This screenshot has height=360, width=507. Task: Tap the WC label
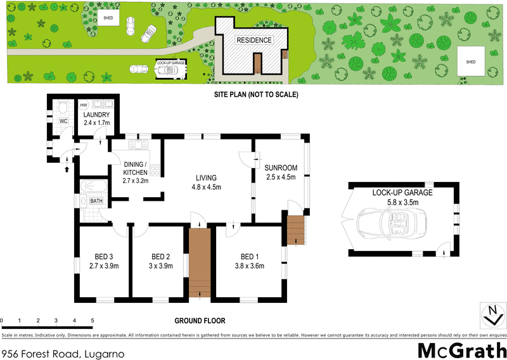[63, 120]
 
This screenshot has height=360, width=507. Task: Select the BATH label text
[96, 201]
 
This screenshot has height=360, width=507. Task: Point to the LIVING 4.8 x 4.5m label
[206, 182]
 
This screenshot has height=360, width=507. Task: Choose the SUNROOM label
[281, 173]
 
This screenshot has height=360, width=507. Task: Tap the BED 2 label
[160, 260]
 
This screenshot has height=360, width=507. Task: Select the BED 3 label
[103, 260]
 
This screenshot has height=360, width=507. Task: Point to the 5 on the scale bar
[93, 321]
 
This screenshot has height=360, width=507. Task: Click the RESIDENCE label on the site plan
[254, 41]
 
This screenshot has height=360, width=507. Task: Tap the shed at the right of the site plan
[470, 61]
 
